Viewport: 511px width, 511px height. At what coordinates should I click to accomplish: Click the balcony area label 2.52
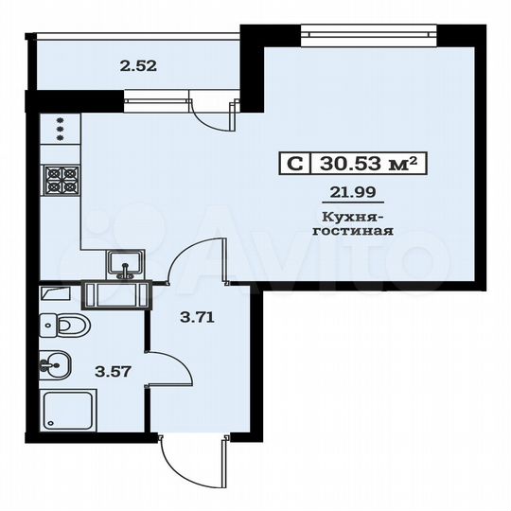137,66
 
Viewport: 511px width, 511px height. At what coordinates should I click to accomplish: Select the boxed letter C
294,164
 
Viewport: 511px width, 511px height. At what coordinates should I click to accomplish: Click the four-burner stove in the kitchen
62,180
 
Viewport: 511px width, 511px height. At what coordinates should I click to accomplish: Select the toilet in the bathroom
66,326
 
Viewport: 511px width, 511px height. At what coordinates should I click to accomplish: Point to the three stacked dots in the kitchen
62,129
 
